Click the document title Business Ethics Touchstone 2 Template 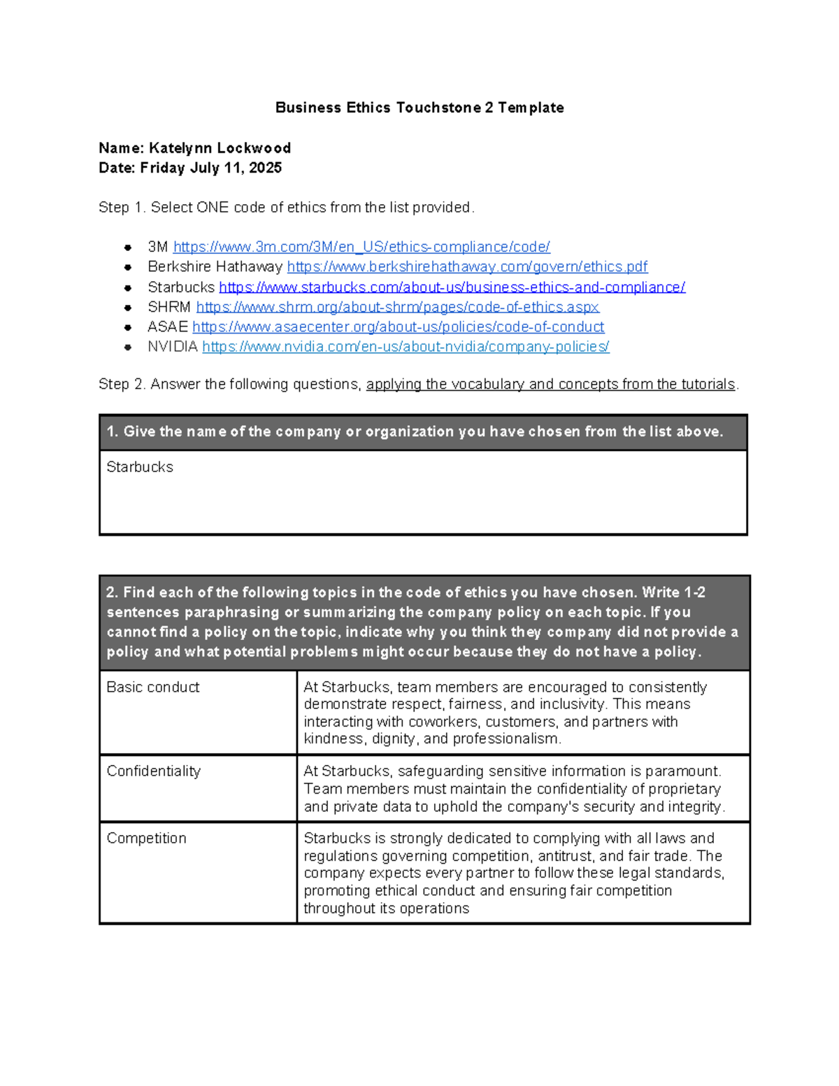(x=419, y=108)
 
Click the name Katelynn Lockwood (x=220, y=148)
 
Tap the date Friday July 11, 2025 (x=210, y=168)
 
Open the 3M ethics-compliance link (x=361, y=247)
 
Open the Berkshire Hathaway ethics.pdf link (x=467, y=266)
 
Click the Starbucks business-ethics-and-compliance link (x=452, y=287)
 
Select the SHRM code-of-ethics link (x=397, y=307)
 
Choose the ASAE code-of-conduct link (x=398, y=327)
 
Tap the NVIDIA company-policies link (x=406, y=347)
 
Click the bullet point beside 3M (x=128, y=248)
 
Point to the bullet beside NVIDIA (x=128, y=347)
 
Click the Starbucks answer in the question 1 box (x=140, y=467)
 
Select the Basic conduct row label (x=152, y=687)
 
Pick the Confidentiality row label (x=153, y=771)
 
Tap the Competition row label (x=146, y=838)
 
